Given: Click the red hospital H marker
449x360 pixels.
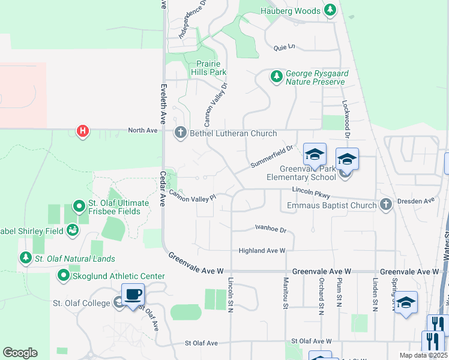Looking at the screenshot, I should [x=83, y=131].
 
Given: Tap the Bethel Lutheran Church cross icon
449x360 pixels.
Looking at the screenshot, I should [x=180, y=133].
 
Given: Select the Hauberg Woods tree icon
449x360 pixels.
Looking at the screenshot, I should [x=330, y=10].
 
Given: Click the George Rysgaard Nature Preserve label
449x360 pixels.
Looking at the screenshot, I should [x=315, y=77].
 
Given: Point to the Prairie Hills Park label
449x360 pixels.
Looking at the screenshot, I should [x=208, y=68].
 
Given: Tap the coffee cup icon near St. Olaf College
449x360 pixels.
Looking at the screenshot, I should [x=133, y=295].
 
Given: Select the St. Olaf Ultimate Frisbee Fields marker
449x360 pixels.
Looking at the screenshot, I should [x=79, y=207].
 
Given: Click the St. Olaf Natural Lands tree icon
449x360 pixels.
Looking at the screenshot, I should [x=25, y=259].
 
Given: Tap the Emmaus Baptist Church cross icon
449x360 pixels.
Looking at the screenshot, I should [x=386, y=205].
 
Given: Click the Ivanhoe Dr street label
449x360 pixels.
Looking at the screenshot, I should [x=271, y=229].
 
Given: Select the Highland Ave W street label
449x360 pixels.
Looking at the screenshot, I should [x=262, y=250].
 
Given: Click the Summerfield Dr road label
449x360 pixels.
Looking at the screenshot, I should [x=271, y=157].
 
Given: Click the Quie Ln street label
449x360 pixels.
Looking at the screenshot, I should [x=285, y=46].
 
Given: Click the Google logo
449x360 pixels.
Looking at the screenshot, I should [x=20, y=353].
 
